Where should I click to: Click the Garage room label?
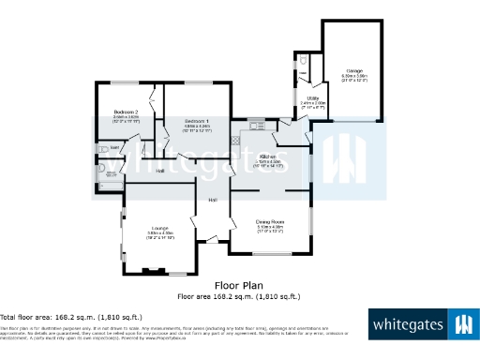click(353, 70)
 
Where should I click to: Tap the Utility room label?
click(312, 97)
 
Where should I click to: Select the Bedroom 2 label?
click(127, 112)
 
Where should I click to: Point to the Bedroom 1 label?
click(196, 122)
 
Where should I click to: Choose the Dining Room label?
click(270, 221)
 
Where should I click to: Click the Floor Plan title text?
click(239, 285)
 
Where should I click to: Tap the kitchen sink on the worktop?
click(256, 121)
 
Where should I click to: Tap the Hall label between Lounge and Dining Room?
click(213, 201)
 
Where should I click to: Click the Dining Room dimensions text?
click(270, 228)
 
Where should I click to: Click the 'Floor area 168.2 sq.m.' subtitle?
click(239, 296)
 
